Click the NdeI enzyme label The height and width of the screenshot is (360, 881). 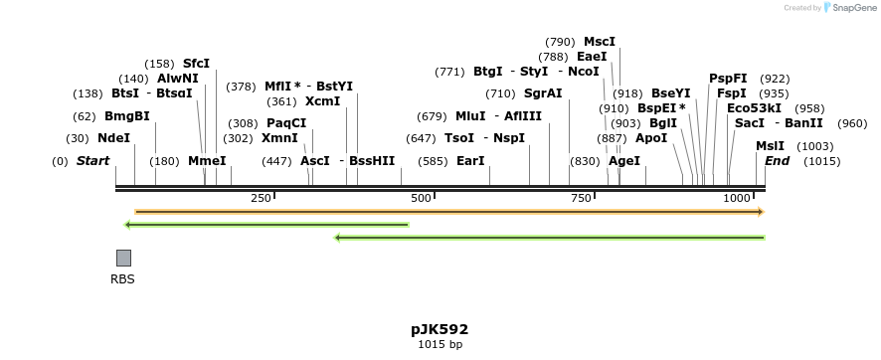(x=113, y=138)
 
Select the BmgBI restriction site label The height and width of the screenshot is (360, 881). (x=126, y=116)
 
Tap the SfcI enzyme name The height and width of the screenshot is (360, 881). (x=196, y=64)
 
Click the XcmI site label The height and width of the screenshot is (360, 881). (x=322, y=101)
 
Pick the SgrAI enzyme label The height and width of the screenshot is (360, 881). (x=543, y=93)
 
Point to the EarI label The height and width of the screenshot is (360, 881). (x=470, y=160)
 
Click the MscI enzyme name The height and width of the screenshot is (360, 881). (x=600, y=42)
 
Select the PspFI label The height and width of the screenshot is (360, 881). (x=728, y=79)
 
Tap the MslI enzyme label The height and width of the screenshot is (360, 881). (x=770, y=146)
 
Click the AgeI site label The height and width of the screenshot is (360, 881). (x=624, y=160)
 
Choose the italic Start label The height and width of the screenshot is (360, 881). (x=92, y=160)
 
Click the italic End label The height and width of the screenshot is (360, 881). (x=777, y=160)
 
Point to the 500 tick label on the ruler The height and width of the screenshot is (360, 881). (x=422, y=198)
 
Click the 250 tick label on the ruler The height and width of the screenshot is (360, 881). (x=261, y=198)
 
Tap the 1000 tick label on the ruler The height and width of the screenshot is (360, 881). (x=737, y=198)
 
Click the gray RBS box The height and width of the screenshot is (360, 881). (x=123, y=258)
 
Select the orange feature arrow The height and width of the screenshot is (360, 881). (x=448, y=212)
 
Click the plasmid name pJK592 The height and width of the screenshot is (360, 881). (x=440, y=329)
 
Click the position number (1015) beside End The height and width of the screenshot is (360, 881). (x=821, y=161)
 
